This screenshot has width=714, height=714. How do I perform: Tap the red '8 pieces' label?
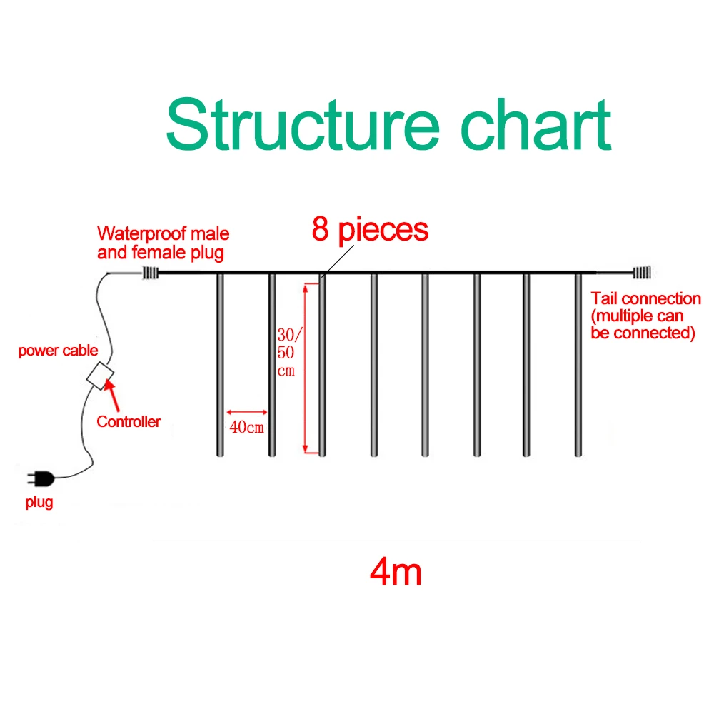[x=370, y=230]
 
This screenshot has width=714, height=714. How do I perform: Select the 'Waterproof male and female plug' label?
[x=164, y=243]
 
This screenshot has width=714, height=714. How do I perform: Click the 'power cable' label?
[x=58, y=351]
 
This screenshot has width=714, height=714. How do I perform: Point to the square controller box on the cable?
[x=101, y=374]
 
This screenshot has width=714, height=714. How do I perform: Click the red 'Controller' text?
[x=129, y=421]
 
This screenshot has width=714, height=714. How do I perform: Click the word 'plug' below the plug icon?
[x=39, y=503]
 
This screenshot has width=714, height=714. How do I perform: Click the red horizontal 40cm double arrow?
[x=246, y=412]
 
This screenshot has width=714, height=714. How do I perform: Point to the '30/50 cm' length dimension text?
[x=286, y=352]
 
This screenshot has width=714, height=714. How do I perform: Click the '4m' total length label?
[x=396, y=573]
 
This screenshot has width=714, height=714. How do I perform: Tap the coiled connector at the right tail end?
[x=643, y=272]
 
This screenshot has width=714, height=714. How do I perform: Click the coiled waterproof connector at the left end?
[x=149, y=272]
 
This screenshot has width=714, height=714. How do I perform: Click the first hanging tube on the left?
[x=220, y=364]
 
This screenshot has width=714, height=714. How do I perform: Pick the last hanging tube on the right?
[x=578, y=364]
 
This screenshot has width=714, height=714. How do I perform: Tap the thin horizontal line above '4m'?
[x=396, y=540]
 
